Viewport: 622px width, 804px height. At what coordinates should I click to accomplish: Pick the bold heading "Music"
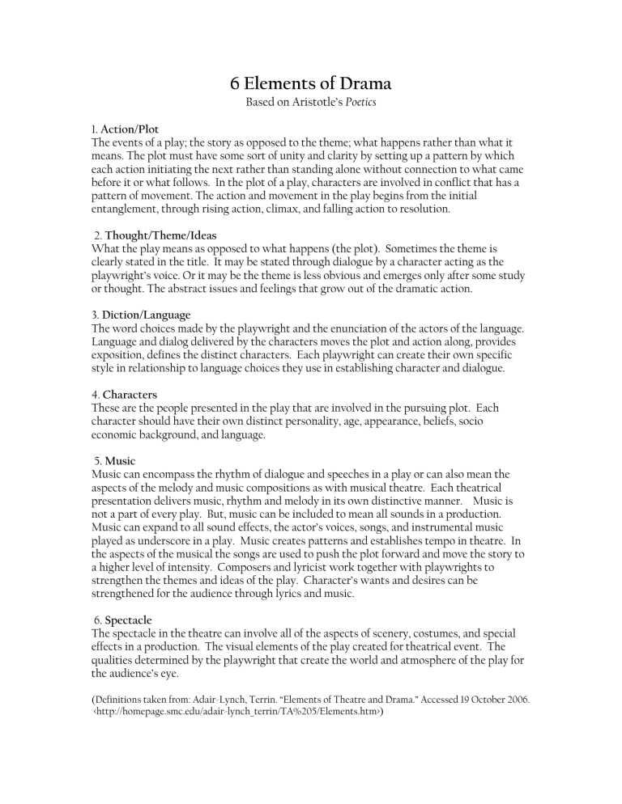tap(120, 460)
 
